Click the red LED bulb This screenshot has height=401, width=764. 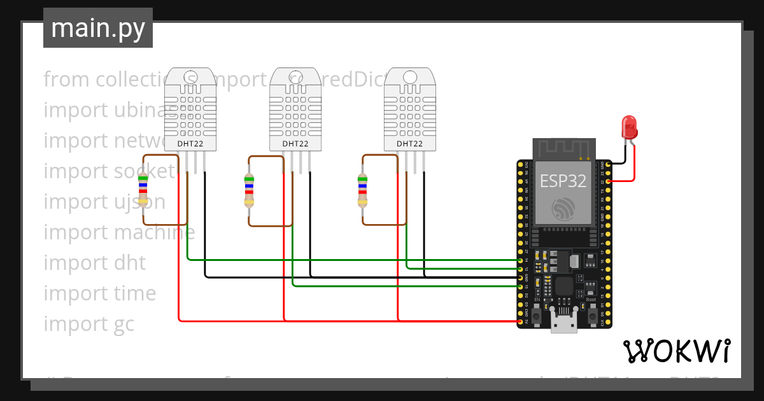pos(629,126)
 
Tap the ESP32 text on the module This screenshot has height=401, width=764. pos(563,181)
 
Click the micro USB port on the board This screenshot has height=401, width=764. pos(563,323)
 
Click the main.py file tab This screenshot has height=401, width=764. pos(98,28)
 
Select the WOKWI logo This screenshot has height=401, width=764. pos(676,351)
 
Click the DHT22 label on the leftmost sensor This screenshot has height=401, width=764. pos(190,144)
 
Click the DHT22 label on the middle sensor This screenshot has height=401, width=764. pos(295,144)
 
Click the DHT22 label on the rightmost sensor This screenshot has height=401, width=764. pos(409,144)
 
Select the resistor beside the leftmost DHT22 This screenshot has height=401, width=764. pos(143,190)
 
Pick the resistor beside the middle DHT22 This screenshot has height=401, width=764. pos(249,190)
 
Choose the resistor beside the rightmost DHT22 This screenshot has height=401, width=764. pos(362,190)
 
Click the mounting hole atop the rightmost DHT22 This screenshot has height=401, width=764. pos(409,76)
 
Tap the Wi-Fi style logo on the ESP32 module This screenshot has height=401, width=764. pos(563,208)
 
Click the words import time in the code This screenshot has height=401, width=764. pos(99,293)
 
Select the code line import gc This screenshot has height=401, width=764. pos(89,324)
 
